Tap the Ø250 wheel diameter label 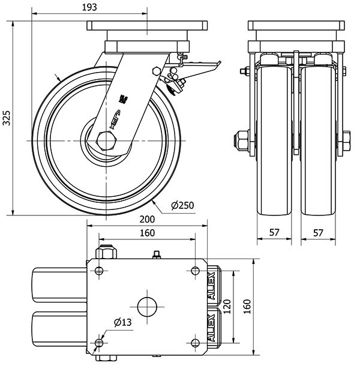182,206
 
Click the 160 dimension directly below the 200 147,233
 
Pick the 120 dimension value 227,307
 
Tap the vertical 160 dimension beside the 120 247,307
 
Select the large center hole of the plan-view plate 146,306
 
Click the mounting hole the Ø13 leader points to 99,344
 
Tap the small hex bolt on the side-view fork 157,71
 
